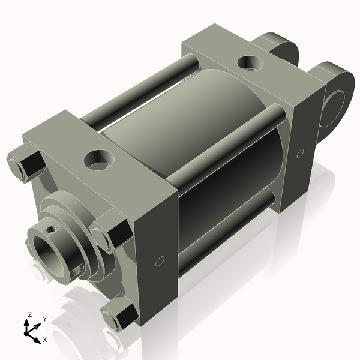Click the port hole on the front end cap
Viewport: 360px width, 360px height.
(96, 159)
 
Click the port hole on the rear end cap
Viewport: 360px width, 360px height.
(248, 62)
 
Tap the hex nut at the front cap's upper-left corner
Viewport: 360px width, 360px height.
(25, 164)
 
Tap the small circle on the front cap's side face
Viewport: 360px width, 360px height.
(159, 261)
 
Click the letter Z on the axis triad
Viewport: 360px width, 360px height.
(29, 314)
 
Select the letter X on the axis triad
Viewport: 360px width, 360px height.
(44, 340)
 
